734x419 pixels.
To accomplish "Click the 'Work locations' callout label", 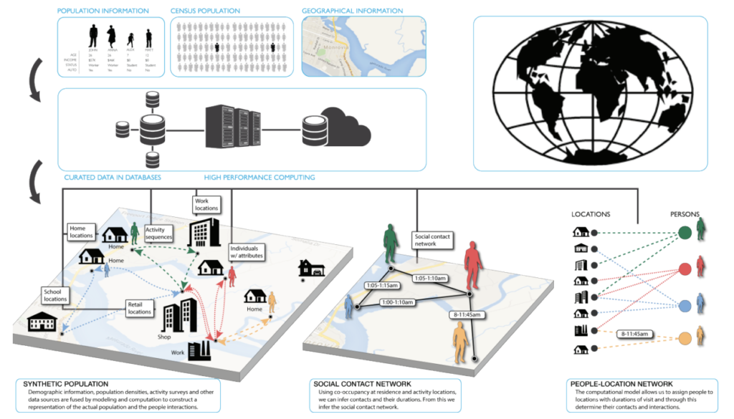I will click(x=205, y=205).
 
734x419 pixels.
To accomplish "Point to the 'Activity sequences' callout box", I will click(x=159, y=233).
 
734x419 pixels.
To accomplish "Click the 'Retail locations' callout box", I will click(x=140, y=307).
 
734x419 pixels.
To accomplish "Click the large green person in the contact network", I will click(x=391, y=244).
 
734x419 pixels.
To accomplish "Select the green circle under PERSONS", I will click(x=684, y=233).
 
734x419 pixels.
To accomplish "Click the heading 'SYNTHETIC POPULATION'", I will click(x=62, y=384).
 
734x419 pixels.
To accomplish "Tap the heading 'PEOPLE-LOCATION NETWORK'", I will click(x=621, y=384).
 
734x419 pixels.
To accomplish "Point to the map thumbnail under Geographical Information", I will click(x=363, y=46).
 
